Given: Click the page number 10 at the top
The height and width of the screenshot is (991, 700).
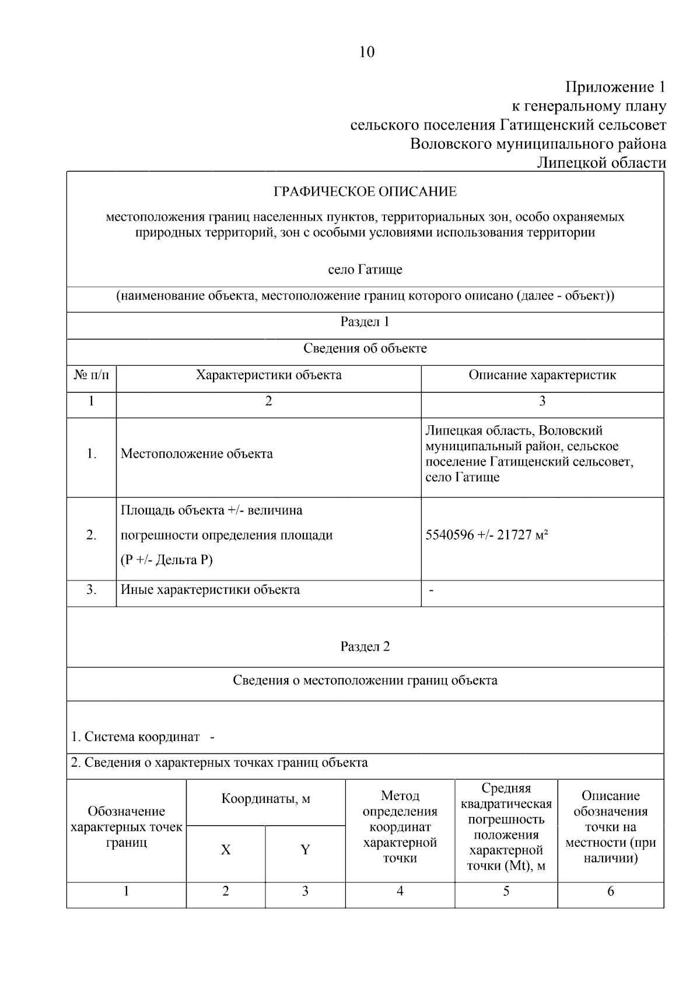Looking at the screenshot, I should click(366, 53).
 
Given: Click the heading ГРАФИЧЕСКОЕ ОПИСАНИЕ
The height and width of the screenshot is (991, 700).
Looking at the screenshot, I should click(365, 192).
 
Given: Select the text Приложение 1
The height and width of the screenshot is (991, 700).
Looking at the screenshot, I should click(615, 88).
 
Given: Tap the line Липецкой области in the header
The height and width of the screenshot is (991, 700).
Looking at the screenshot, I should click(601, 163).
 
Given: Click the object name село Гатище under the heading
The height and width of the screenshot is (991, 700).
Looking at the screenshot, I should click(365, 270).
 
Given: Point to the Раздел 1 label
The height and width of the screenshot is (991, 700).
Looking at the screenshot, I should click(365, 322).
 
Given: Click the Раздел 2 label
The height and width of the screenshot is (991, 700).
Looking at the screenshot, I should click(365, 646).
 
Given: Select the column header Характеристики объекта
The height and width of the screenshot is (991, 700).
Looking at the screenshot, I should click(268, 375).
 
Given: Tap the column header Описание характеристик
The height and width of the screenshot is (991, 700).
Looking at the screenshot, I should click(542, 375).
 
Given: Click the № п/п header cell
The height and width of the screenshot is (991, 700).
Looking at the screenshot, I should click(92, 375).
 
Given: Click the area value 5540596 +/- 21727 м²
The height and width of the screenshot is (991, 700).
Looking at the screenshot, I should click(487, 535).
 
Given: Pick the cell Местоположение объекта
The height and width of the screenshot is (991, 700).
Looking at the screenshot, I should click(197, 454).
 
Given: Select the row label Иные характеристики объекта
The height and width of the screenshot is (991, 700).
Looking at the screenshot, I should click(210, 590).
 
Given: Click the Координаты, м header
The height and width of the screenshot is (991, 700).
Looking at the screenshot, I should click(265, 799).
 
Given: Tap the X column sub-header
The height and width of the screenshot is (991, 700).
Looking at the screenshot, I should click(226, 850).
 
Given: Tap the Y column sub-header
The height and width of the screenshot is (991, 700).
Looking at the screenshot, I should click(305, 850).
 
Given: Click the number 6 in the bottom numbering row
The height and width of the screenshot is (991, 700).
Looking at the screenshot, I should click(611, 891).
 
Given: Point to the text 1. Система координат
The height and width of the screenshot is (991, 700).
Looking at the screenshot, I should click(135, 737).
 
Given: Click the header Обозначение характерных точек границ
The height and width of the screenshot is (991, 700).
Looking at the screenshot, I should click(127, 827).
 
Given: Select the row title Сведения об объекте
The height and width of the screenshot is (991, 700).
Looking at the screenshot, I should click(365, 349).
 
